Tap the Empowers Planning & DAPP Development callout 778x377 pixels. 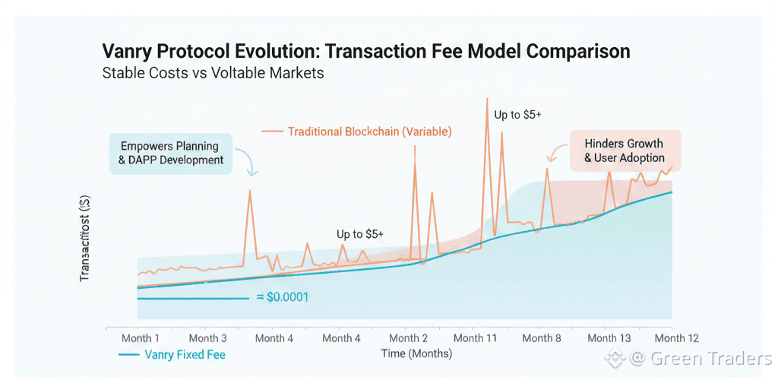coord(169,153)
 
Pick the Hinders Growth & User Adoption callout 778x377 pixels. coord(624,150)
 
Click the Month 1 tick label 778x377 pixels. coord(141,338)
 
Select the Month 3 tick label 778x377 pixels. coord(207,338)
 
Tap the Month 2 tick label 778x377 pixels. coord(408,338)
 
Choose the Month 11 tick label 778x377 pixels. coord(475,338)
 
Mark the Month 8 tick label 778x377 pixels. coord(542,338)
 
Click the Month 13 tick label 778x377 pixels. coord(609,338)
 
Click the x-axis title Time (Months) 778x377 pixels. coord(416,354)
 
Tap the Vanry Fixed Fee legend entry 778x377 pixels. coord(173,354)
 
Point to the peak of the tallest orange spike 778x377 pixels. coord(486,99)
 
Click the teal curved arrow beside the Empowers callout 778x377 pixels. coord(248,161)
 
